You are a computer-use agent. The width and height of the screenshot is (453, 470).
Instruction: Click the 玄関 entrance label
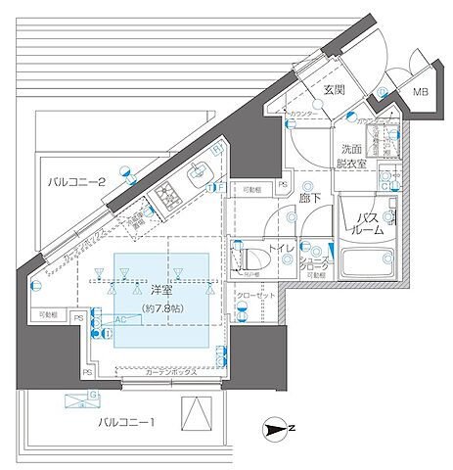pyautogui.click(x=333, y=90)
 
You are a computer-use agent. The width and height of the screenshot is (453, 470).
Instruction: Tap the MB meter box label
pyautogui.click(x=421, y=93)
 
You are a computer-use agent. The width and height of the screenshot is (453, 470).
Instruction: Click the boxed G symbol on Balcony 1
pyautogui.click(x=94, y=395)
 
